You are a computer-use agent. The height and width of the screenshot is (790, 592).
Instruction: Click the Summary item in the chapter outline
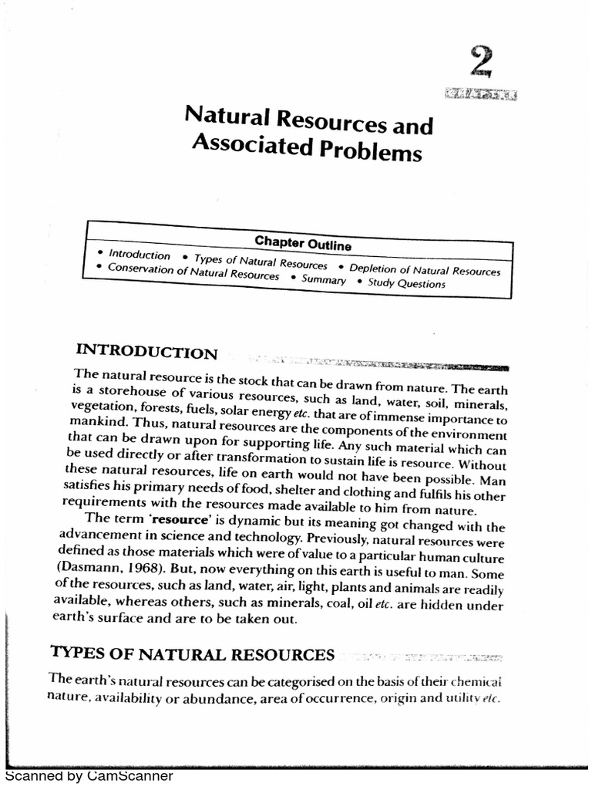coord(324,280)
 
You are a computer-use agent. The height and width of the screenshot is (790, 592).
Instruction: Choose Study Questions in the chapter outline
coord(406,283)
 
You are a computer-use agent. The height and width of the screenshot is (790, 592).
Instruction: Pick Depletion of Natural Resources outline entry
coord(425,270)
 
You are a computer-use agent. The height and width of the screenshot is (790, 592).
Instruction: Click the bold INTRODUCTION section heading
coord(146,353)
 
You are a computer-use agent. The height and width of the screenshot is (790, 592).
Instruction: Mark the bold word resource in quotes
coord(183,519)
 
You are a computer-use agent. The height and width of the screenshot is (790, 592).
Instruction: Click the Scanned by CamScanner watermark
coord(89,775)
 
